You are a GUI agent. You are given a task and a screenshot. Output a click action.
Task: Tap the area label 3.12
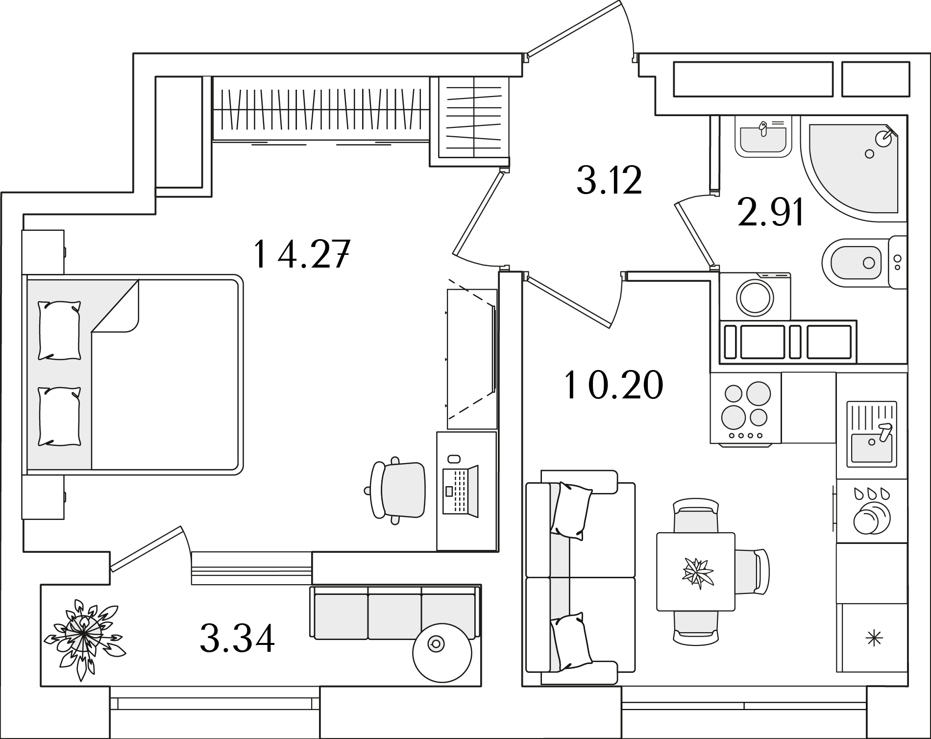pos(609,180)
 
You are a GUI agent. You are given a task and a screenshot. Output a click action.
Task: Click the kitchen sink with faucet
pos(872,434)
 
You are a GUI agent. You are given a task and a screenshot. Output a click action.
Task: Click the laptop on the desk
pos(460,491)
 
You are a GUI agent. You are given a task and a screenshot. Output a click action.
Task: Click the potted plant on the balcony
pos(85,633)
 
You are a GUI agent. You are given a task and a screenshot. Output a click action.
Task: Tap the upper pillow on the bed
pos(59,330)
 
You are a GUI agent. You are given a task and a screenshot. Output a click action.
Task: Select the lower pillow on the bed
pos(59,417)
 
